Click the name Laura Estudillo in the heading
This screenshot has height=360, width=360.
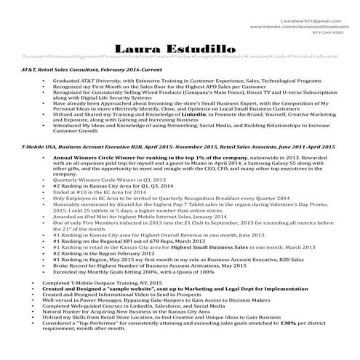click(180, 49)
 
